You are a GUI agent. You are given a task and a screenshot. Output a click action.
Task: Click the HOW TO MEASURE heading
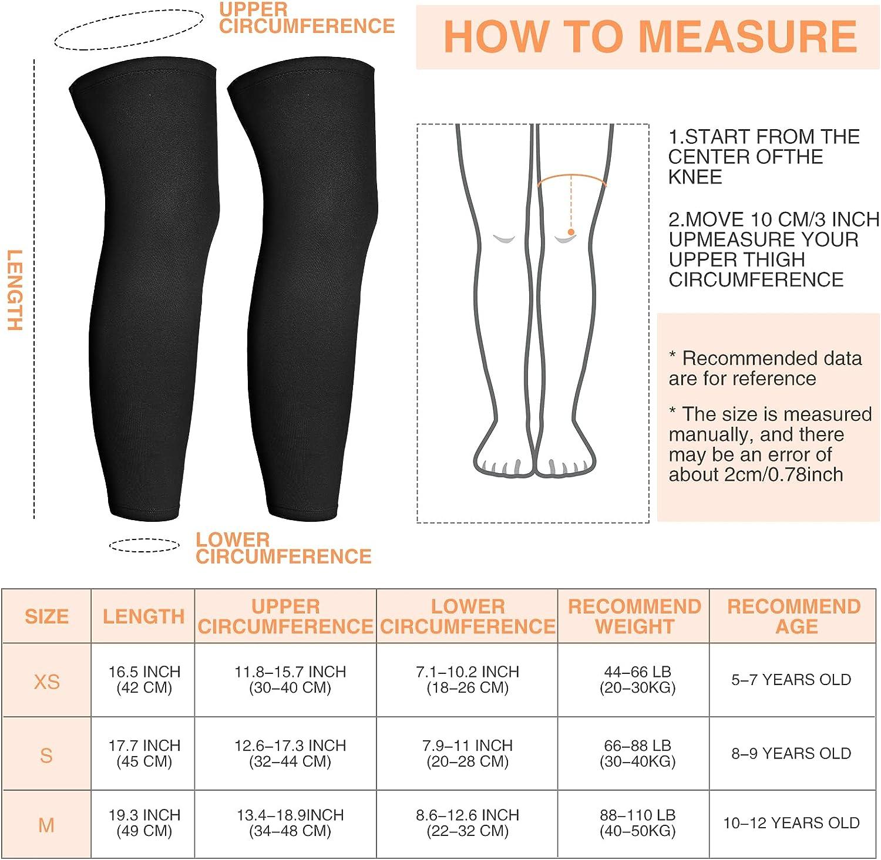point(650,37)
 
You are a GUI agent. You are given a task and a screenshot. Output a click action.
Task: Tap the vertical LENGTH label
point(15,290)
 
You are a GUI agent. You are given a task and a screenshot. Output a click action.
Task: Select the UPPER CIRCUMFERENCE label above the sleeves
point(306,18)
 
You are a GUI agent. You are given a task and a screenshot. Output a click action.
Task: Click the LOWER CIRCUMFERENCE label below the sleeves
point(283,548)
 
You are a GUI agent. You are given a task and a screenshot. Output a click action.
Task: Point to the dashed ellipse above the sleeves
point(129,29)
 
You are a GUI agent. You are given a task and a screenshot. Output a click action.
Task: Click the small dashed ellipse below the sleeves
point(144,545)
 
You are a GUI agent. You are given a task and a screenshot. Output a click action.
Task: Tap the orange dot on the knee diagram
point(571,232)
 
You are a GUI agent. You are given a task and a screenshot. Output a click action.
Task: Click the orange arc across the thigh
point(571,177)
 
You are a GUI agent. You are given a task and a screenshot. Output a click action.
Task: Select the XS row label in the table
point(46,682)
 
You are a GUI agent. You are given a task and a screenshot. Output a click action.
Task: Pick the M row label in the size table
point(46,825)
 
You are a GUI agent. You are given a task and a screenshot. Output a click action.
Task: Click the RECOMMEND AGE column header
point(793,616)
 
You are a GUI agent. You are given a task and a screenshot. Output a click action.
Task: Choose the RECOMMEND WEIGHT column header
point(634,616)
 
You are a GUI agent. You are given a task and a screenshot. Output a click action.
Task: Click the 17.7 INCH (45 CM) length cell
point(144,753)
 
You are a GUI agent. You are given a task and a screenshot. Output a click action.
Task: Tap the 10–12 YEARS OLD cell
point(791,823)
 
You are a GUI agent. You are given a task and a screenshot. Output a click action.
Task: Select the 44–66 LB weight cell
point(637,679)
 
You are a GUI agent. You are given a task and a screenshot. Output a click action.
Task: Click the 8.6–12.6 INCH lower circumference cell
point(467,822)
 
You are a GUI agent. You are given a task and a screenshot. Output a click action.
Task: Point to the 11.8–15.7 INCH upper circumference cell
point(290,679)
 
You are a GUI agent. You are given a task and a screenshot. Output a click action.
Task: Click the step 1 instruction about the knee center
point(764,157)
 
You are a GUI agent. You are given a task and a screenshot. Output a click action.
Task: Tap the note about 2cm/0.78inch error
point(769,444)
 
